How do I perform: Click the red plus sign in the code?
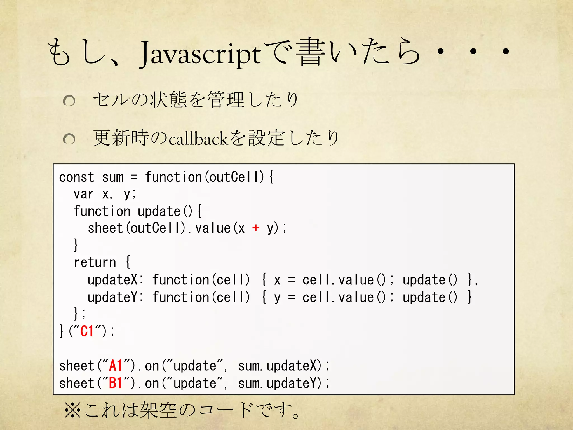point(255,228)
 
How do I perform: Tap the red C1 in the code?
point(87,331)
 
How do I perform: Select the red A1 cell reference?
point(116,366)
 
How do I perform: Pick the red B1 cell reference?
point(116,383)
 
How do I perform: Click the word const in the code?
point(77,177)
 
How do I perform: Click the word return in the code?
point(95,262)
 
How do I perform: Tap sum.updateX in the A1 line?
point(280,366)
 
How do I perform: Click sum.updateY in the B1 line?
point(280,383)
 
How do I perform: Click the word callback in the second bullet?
point(199,139)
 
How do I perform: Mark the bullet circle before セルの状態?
point(69,101)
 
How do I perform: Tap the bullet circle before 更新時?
point(69,139)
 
